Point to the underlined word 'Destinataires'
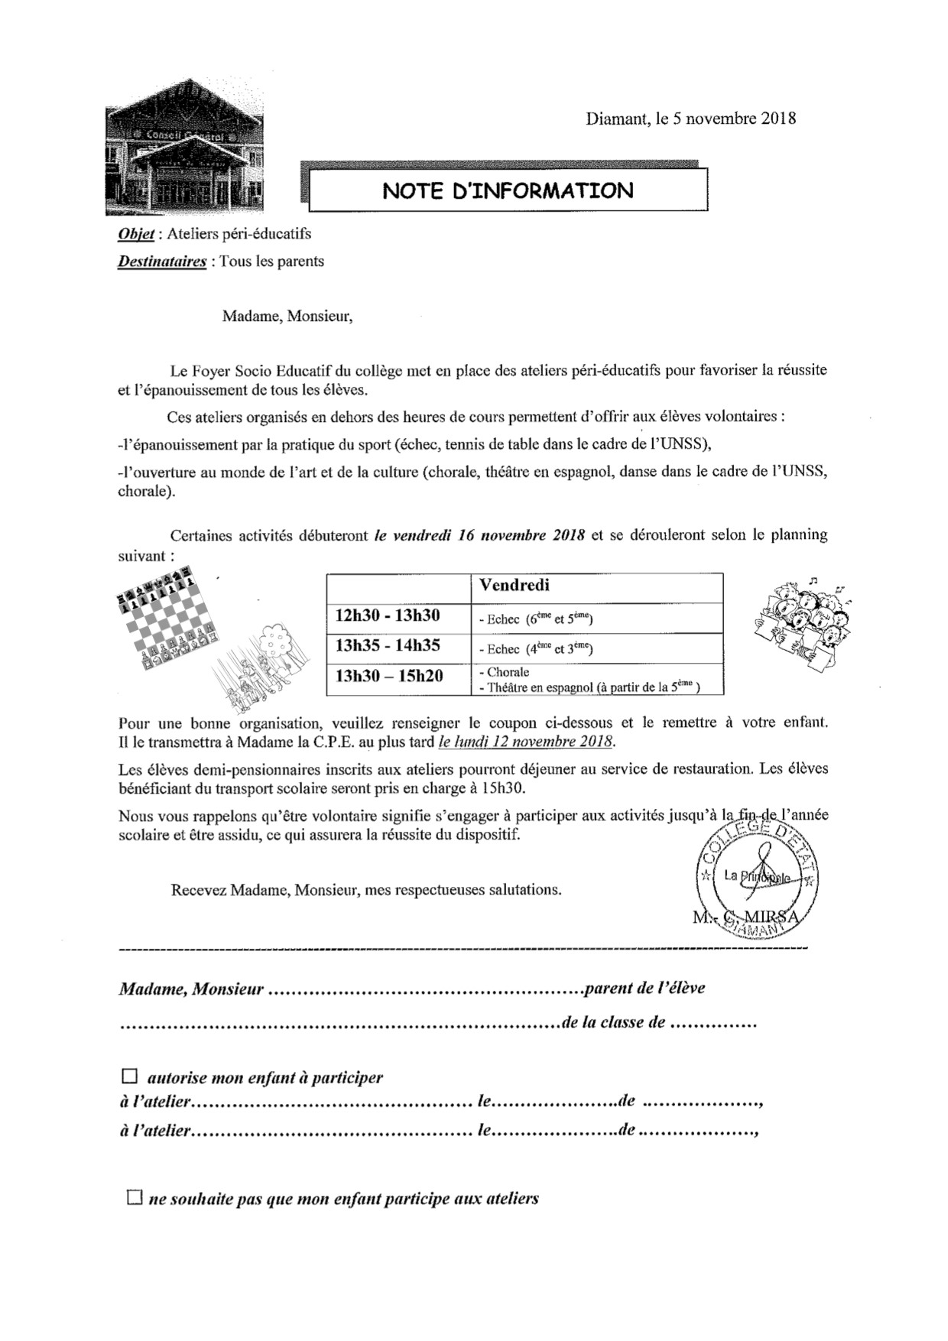[x=162, y=261]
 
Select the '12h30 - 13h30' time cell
[x=388, y=616]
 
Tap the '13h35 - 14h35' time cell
[x=388, y=646]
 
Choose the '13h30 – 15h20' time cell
[x=389, y=677]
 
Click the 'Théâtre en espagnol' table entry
[x=535, y=687]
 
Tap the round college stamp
[x=756, y=878]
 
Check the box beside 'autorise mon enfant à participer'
[x=128, y=1077]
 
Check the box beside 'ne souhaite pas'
[x=135, y=1197]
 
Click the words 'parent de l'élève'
[x=644, y=988]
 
